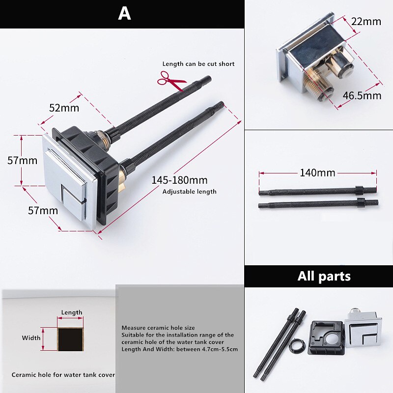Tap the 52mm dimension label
(x=61, y=108)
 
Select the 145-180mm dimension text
(x=179, y=180)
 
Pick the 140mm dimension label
(x=317, y=173)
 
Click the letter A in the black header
(x=124, y=14)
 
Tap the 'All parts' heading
(x=324, y=276)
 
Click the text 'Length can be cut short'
(x=198, y=64)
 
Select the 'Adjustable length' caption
(x=189, y=192)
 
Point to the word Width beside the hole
(x=31, y=338)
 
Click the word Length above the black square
(x=72, y=312)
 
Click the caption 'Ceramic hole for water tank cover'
(x=63, y=375)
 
